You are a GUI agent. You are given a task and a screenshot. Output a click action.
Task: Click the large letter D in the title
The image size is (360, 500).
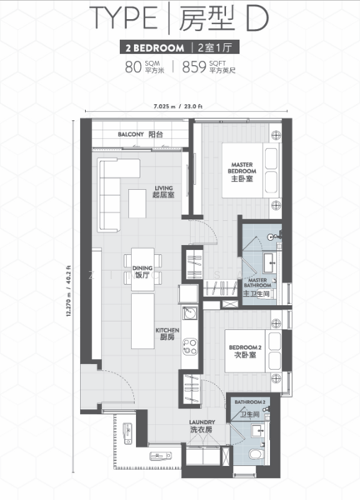coord(257,19)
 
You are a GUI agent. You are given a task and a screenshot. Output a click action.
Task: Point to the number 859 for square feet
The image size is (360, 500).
coord(194,67)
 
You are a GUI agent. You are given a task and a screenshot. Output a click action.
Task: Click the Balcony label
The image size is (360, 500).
coord(141,134)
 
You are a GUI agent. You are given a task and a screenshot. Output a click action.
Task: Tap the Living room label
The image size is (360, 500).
coord(163,192)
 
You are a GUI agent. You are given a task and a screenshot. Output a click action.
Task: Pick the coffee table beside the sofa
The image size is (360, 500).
coord(137,203)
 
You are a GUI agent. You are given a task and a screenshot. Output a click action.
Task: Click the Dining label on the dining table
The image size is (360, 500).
coord(142,272)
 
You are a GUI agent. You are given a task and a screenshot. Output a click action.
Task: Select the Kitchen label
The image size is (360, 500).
coord(167,334)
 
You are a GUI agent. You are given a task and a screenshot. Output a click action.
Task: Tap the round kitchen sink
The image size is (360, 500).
coord(189,313)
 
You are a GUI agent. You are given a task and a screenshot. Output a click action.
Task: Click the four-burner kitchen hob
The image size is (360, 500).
coord(190,347)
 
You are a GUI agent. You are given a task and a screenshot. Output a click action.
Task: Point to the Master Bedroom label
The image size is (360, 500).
coord(242,172)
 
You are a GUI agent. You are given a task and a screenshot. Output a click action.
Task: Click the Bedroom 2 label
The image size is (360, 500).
coord(245,351)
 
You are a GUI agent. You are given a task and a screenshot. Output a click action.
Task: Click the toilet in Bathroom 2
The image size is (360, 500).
coord(257,453)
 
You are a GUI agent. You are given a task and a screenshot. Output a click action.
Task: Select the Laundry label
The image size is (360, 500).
coord(202,426)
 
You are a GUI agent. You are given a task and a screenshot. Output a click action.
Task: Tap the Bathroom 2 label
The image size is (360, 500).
coord(250,408)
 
